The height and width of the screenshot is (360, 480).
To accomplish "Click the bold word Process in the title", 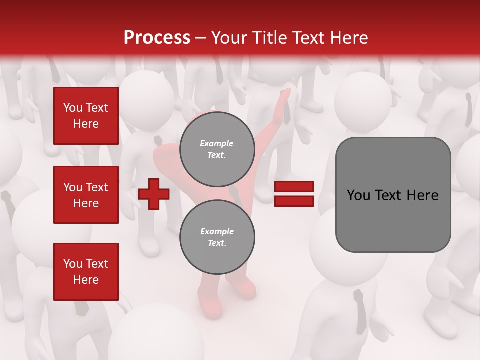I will point(157,38).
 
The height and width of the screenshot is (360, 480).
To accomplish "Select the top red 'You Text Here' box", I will point(86,116).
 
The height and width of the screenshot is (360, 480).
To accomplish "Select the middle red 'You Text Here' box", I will point(86,195).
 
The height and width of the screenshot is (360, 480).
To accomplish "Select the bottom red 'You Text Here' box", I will point(86,272).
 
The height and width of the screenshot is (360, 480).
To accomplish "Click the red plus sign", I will point(154,194).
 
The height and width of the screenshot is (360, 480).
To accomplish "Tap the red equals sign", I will point(294,194).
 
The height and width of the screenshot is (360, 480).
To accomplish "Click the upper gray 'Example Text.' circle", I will point(217,149).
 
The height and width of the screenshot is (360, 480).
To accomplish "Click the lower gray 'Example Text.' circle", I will point(217,237).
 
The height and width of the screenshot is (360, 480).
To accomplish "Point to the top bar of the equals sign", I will point(294,187).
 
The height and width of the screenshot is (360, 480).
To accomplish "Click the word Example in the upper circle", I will point(217,143).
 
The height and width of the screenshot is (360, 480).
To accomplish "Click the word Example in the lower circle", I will point(217,231).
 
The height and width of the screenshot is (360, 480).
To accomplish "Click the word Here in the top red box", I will point(86,124).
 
